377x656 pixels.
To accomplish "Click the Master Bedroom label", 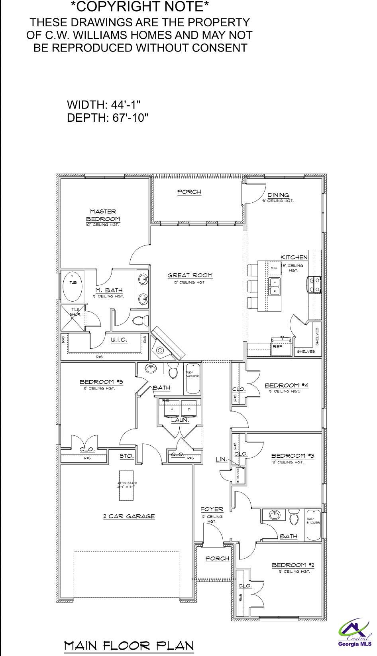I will [103, 215].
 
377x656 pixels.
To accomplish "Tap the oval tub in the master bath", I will [73, 286].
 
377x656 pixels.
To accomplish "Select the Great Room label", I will [190, 275].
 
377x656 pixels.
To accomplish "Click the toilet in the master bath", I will [139, 320].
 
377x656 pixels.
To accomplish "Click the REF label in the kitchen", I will [277, 346].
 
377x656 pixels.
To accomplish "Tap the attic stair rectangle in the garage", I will [127, 485].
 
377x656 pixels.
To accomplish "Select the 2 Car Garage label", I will [129, 516].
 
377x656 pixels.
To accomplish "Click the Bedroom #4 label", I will [287, 385].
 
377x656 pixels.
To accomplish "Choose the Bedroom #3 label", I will [293, 456].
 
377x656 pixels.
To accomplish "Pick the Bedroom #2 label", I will [293, 565].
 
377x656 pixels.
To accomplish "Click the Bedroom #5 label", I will [101, 382].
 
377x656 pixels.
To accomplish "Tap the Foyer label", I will [212, 509].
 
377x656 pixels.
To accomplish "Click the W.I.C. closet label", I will [119, 340].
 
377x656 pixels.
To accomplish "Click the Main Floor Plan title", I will [129, 645].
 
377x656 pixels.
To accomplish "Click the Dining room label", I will [278, 195].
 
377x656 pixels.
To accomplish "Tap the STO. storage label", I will [127, 456].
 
